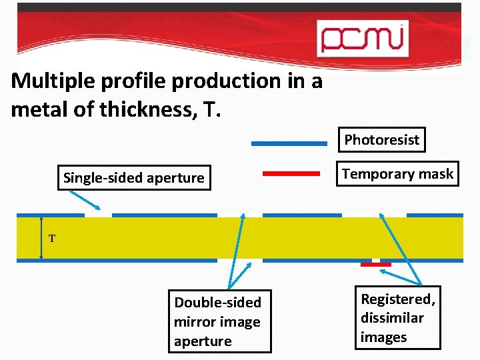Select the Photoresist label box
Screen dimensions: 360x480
point(381,140)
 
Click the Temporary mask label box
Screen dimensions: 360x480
point(397,175)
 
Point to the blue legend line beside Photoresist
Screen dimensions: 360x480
point(289,143)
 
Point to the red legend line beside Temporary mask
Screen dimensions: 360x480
point(291,173)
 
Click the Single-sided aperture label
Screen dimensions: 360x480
point(133,178)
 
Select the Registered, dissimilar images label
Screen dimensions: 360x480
point(398,318)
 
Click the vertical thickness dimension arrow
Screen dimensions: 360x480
point(41,237)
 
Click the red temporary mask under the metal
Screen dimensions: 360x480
point(375,265)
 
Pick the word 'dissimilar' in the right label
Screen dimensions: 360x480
point(392,318)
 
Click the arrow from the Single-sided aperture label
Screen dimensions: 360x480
point(87,199)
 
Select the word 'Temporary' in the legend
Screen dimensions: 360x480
point(374,175)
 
